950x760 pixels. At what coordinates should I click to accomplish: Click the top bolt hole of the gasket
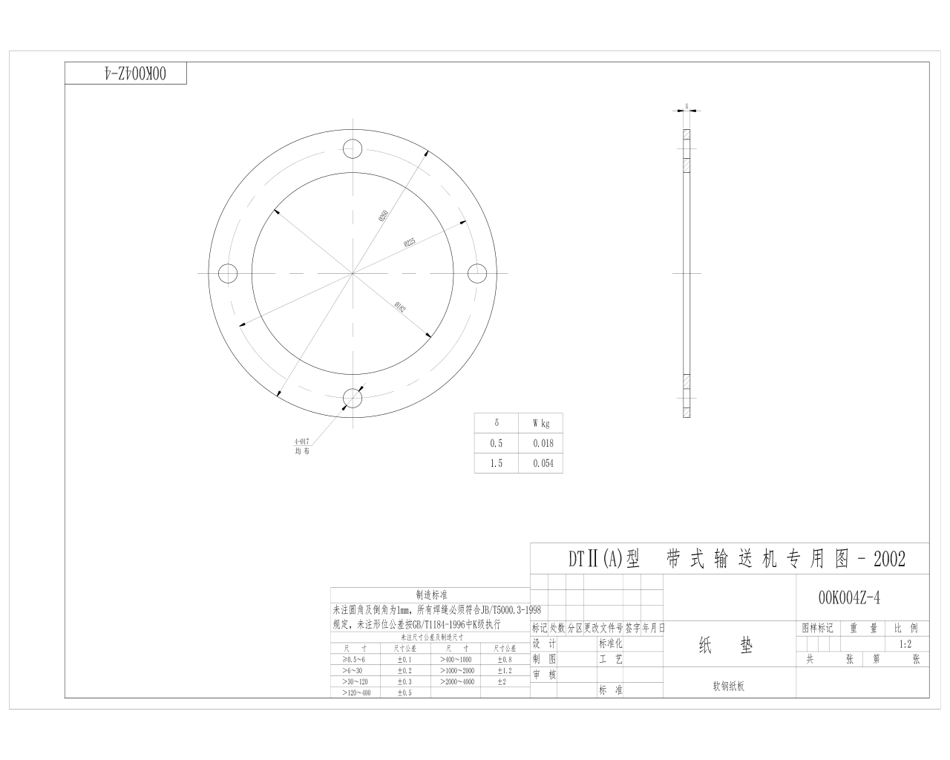[x=353, y=148]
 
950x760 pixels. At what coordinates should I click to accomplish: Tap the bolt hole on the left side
[x=227, y=273]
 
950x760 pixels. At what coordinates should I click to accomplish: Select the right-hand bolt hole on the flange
[x=478, y=273]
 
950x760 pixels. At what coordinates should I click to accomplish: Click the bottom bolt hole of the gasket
[x=353, y=399]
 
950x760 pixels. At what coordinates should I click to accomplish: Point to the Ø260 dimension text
[x=384, y=217]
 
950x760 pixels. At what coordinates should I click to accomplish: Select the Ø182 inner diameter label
[x=401, y=307]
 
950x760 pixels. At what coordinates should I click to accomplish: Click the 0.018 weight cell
[x=543, y=443]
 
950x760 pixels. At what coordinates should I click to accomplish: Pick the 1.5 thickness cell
[x=496, y=463]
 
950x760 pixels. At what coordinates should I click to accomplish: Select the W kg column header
[x=541, y=423]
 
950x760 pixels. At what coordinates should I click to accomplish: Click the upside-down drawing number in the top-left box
[x=125, y=73]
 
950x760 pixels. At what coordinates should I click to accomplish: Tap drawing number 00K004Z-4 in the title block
[x=849, y=597]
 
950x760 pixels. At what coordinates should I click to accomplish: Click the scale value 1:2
[x=905, y=644]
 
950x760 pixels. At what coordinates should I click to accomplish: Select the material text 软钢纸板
[x=728, y=687]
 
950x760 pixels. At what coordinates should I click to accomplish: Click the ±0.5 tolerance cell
[x=404, y=692]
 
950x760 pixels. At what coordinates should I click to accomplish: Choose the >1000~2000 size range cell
[x=455, y=670]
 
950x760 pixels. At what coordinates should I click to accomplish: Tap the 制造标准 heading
[x=431, y=594]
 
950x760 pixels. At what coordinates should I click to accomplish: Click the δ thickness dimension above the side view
[x=687, y=106]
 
